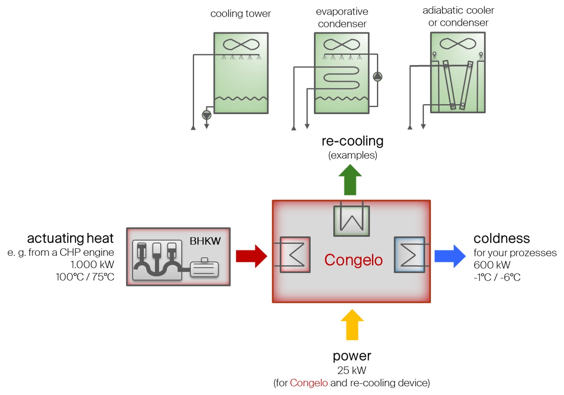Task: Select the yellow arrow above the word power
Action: [x=352, y=324]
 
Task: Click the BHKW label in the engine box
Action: [x=205, y=241]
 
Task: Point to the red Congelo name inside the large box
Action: [x=353, y=260]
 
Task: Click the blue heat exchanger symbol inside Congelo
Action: [x=409, y=255]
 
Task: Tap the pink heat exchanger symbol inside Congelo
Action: [x=295, y=255]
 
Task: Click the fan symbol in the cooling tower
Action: [x=241, y=44]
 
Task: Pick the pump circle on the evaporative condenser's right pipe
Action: [x=377, y=77]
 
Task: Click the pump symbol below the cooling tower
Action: [x=207, y=115]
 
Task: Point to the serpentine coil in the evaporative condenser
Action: [x=341, y=77]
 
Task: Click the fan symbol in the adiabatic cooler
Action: [x=458, y=43]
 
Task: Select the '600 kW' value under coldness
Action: [x=492, y=265]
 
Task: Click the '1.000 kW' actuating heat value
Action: [x=92, y=264]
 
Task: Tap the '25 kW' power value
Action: [x=352, y=370]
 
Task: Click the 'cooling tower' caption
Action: [x=241, y=14]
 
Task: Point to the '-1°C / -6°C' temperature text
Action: [x=497, y=277]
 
